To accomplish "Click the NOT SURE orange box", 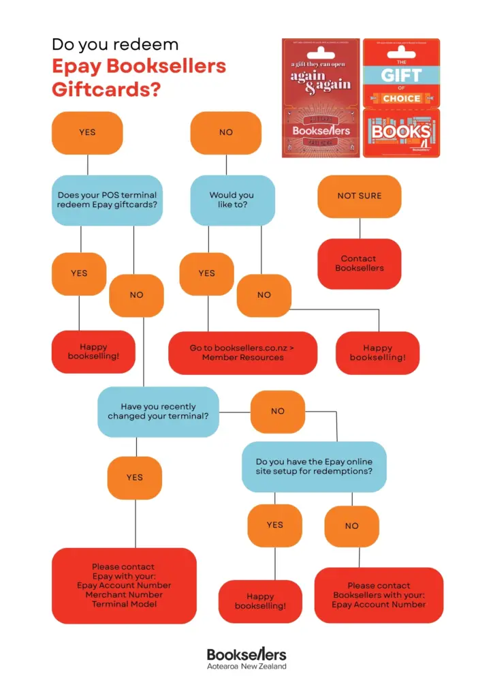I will pyautogui.click(x=360, y=196).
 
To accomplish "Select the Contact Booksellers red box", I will pyautogui.click(x=359, y=264).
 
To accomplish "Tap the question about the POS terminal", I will pyautogui.click(x=107, y=200).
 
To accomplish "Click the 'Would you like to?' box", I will pyautogui.click(x=232, y=200).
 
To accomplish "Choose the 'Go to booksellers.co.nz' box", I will pyautogui.click(x=242, y=352).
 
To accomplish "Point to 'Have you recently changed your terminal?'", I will pyautogui.click(x=159, y=412).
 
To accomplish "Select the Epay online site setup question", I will pyautogui.click(x=314, y=466).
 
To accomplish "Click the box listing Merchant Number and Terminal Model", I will pyautogui.click(x=124, y=586).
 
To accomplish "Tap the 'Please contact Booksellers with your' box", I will pyautogui.click(x=379, y=594).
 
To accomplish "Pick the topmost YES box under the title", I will pyautogui.click(x=87, y=132).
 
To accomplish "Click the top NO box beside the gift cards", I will pyautogui.click(x=226, y=132).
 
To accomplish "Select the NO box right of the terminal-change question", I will pyautogui.click(x=278, y=412).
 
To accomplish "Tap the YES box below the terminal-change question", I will pyautogui.click(x=135, y=478).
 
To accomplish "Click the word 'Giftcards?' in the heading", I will pyautogui.click(x=106, y=89).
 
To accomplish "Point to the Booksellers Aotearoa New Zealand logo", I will pyautogui.click(x=246, y=658).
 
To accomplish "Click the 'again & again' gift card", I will pyautogui.click(x=321, y=97).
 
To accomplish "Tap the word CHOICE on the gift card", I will pyautogui.click(x=401, y=98).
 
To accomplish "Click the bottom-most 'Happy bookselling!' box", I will pyautogui.click(x=260, y=601).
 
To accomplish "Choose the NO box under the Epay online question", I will pyautogui.click(x=351, y=526).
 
